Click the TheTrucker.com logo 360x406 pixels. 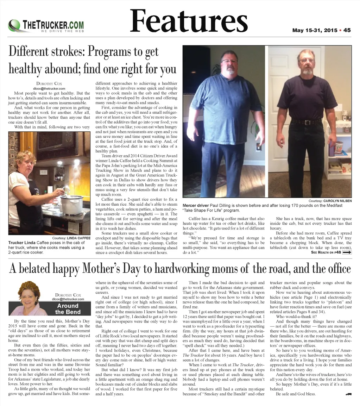point(46,26)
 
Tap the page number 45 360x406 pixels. point(347,30)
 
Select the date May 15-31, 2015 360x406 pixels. point(315,30)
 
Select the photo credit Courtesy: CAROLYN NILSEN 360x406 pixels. point(330,201)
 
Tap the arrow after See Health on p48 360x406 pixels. point(347,252)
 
